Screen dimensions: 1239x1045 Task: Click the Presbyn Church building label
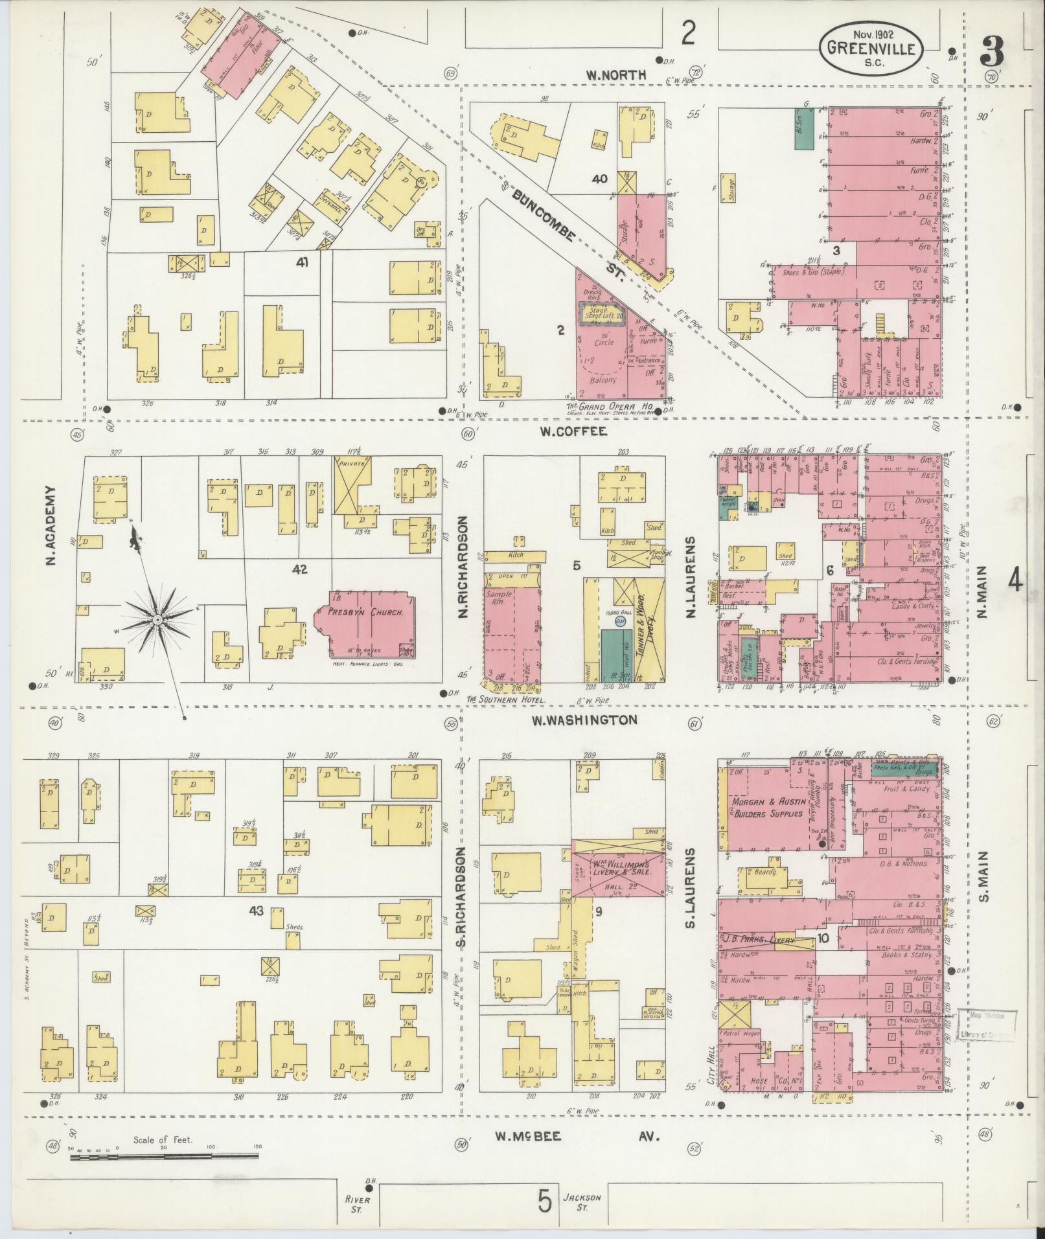coord(369,612)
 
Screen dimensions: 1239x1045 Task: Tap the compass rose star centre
coord(157,620)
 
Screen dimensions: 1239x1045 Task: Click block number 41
coord(301,262)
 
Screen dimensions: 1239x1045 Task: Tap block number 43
coord(257,911)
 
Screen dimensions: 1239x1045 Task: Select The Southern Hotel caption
coord(505,699)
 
